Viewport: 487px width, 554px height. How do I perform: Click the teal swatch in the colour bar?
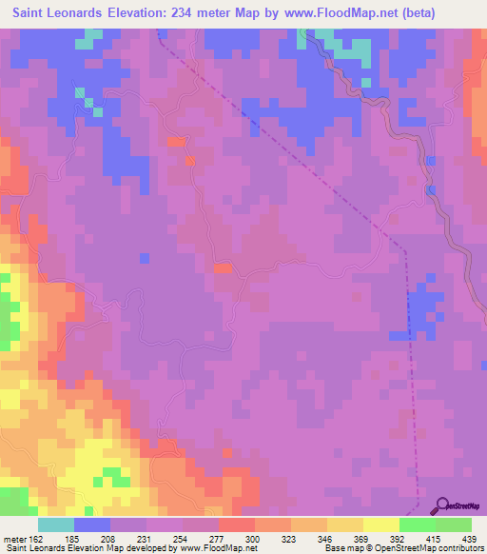[56, 524]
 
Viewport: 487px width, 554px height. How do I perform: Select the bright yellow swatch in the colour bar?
[381, 524]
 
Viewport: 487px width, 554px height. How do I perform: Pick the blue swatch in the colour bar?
[92, 524]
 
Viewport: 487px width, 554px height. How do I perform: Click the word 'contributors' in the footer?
[460, 548]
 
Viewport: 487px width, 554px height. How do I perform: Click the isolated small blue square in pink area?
[144, 258]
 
